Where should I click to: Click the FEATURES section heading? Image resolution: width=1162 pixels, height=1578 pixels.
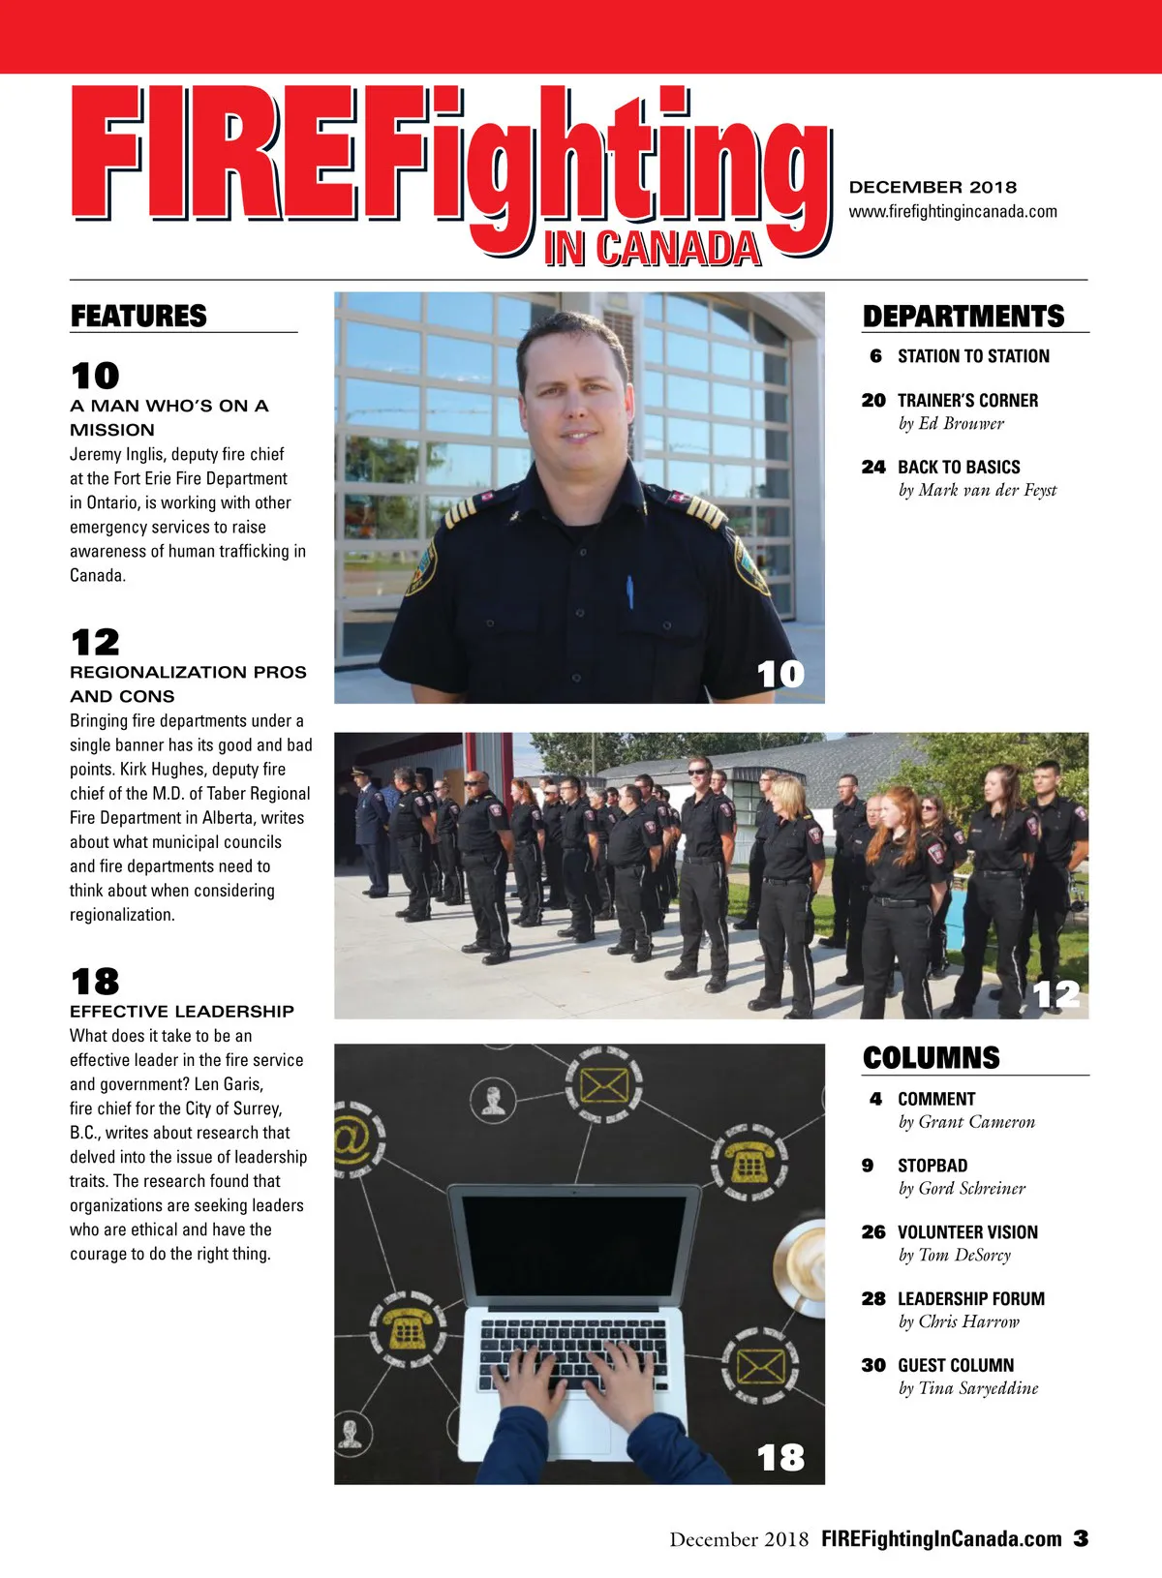(x=138, y=316)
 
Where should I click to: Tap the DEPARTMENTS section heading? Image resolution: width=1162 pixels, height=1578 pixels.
(x=963, y=317)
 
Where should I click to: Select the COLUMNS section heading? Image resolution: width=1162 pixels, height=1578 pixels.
(x=931, y=1057)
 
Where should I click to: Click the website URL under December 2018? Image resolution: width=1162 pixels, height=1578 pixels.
(x=953, y=211)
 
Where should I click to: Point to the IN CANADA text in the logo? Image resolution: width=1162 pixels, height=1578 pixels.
(x=652, y=249)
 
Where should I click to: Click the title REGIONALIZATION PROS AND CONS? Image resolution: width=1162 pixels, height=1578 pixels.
(x=188, y=683)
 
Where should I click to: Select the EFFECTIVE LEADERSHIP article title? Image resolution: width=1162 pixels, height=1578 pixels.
(x=182, y=1011)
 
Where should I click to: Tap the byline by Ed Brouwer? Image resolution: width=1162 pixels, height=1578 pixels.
(x=951, y=423)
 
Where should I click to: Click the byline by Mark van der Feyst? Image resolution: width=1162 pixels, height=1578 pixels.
(x=977, y=490)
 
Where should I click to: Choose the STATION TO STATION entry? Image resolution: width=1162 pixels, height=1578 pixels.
(x=973, y=356)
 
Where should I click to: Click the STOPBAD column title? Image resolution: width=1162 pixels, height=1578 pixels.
(x=932, y=1166)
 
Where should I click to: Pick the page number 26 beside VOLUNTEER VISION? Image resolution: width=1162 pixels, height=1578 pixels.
(x=873, y=1232)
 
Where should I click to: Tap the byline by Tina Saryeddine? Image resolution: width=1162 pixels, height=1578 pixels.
(x=967, y=1388)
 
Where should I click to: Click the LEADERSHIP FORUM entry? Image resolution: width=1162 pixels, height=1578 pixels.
(x=970, y=1299)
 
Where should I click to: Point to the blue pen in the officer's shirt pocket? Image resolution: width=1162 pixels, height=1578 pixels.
(x=629, y=592)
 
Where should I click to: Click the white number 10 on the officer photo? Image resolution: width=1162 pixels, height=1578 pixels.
(x=780, y=674)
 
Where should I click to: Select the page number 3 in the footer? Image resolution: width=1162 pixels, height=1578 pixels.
(x=1081, y=1538)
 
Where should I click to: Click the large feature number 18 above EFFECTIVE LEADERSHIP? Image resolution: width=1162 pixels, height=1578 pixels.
(x=95, y=982)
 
